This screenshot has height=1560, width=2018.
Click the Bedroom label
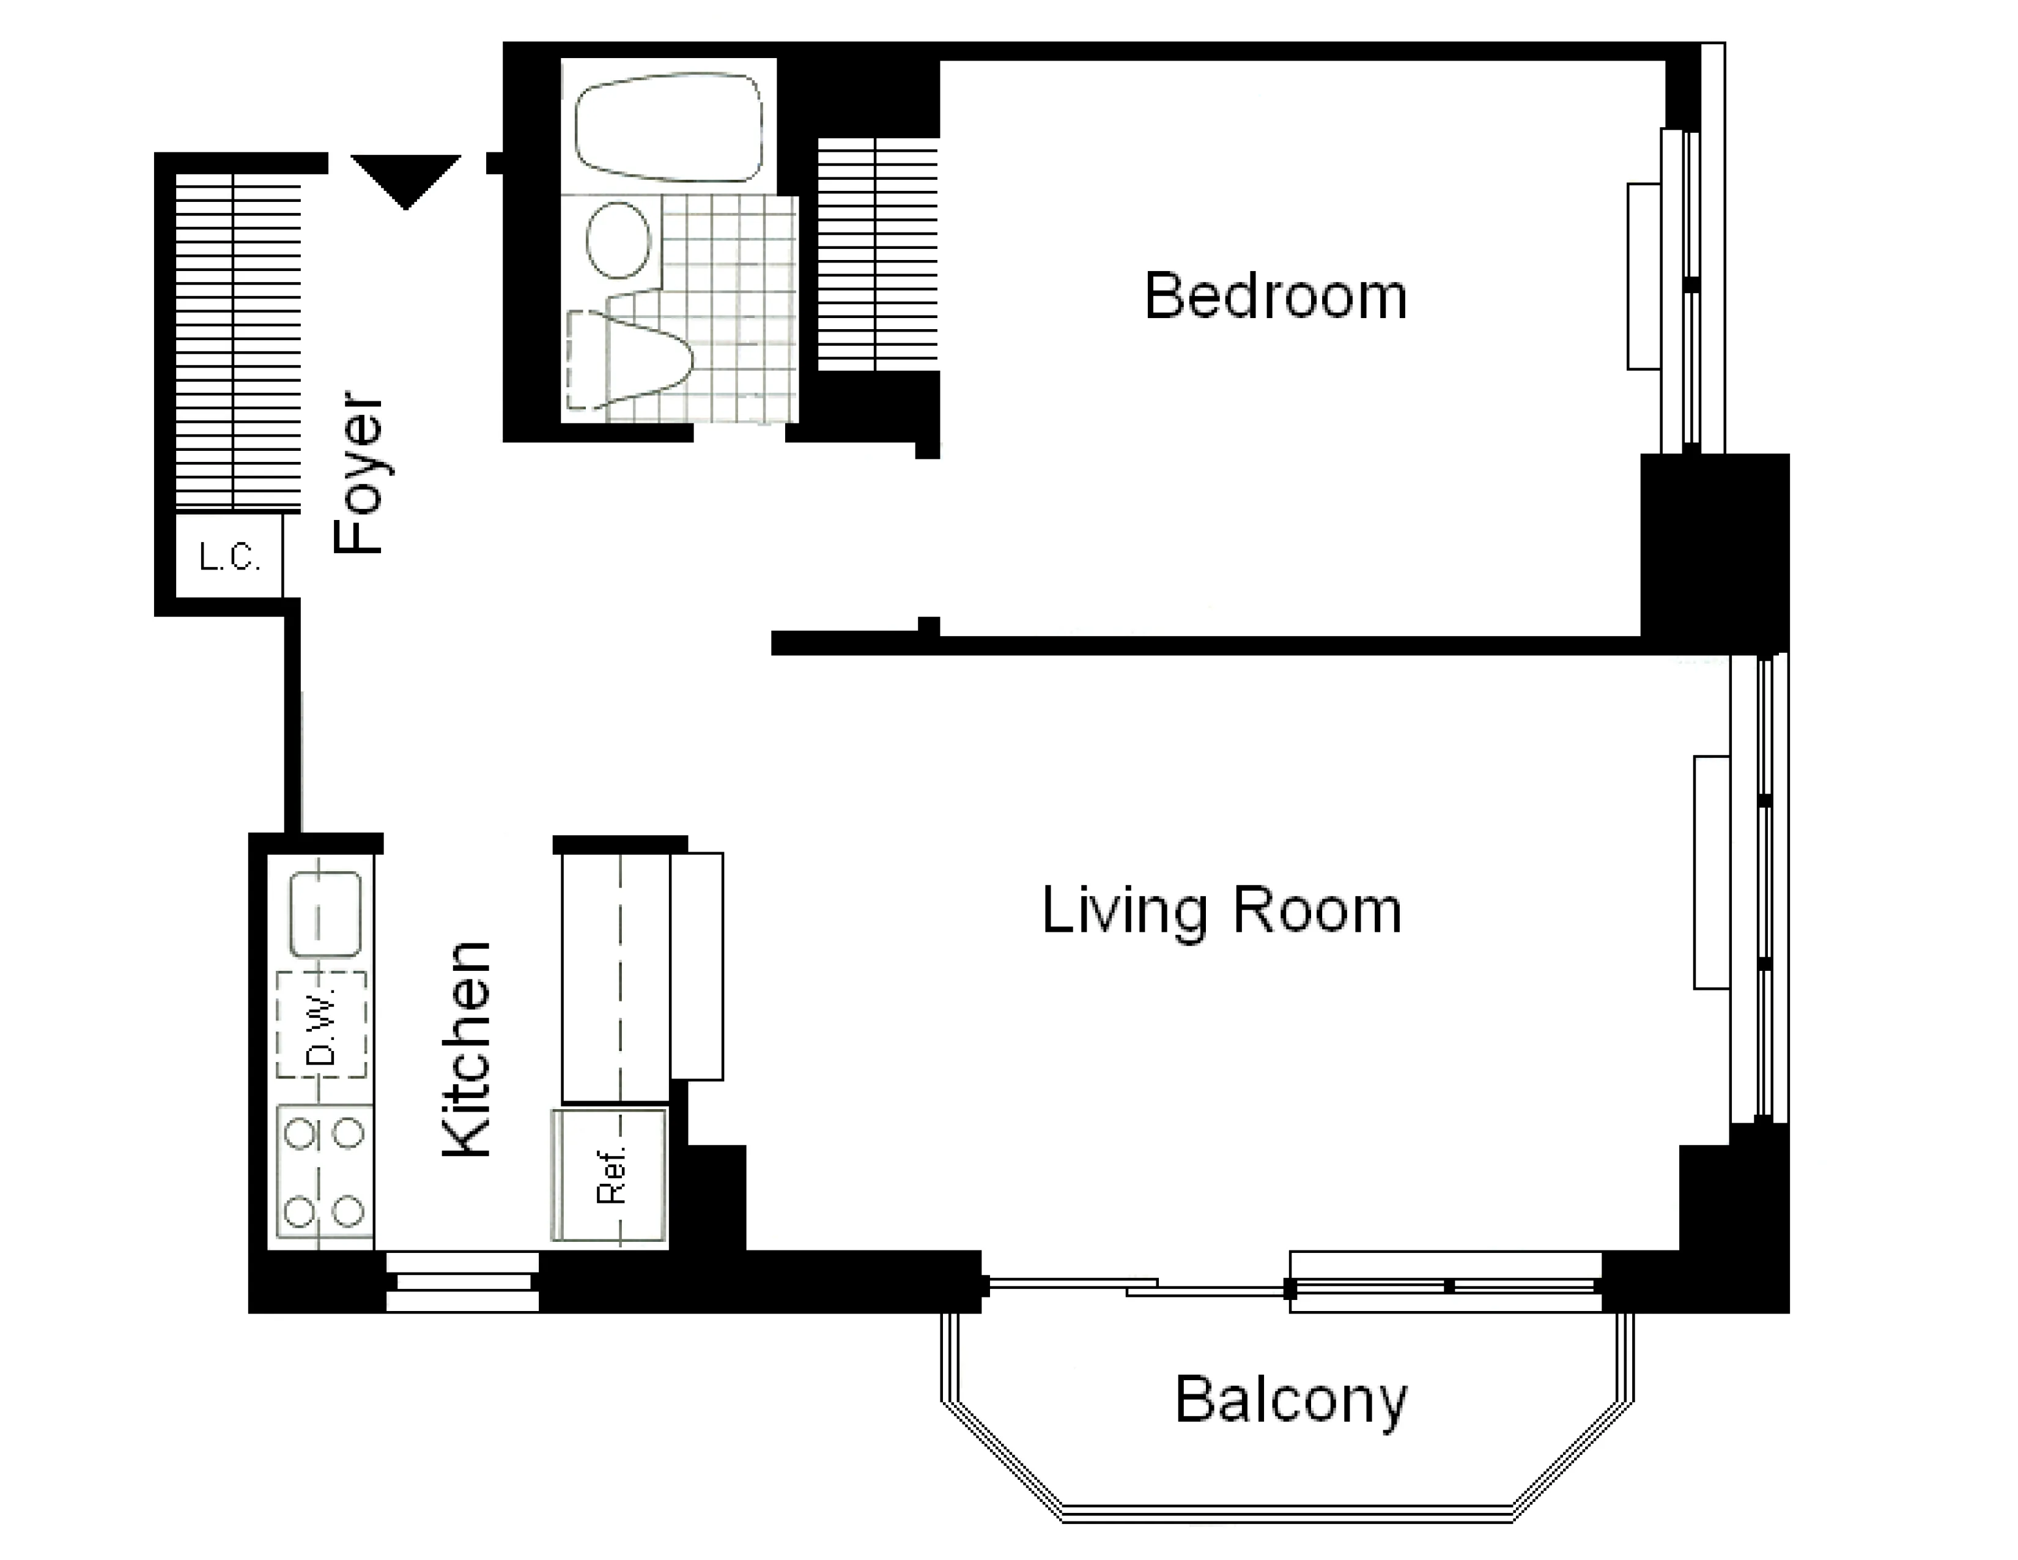(x=1275, y=297)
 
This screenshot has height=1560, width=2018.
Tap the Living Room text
(x=1222, y=912)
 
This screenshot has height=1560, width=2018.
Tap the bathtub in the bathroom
(x=669, y=127)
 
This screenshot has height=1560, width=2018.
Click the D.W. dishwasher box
(x=322, y=1024)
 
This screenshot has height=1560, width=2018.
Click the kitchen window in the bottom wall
(x=462, y=1281)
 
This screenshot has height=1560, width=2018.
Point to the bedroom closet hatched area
(x=878, y=254)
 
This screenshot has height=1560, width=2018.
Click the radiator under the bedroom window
(x=1644, y=277)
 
